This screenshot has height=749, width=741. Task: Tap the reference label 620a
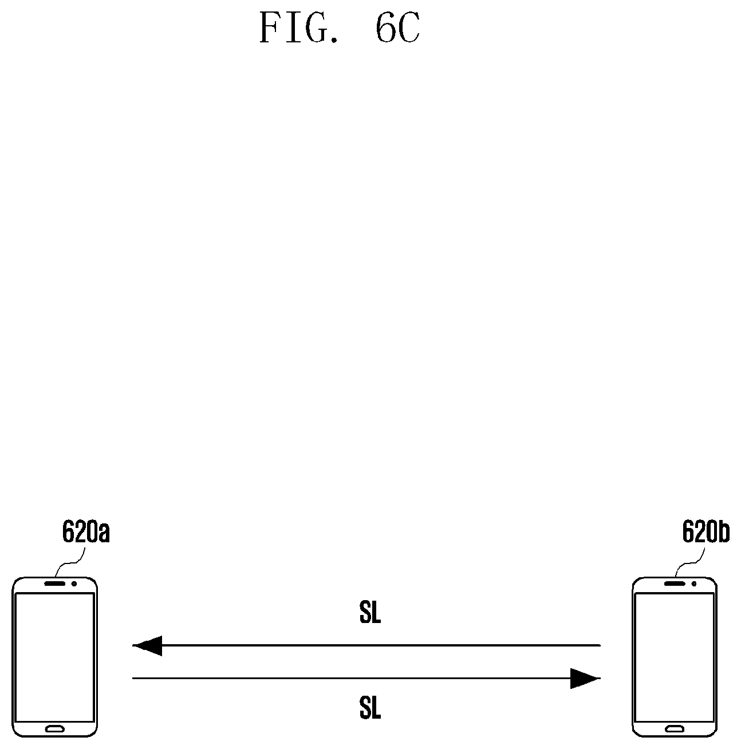[x=86, y=533]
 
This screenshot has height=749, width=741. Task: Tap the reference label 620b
[x=705, y=533]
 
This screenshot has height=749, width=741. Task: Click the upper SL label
[x=370, y=614]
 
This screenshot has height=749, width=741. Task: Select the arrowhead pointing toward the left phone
[x=148, y=645]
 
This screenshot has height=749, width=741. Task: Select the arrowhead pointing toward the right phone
[x=584, y=679]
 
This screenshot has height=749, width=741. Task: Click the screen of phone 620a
[x=54, y=656]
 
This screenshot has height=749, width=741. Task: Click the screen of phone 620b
[x=675, y=656]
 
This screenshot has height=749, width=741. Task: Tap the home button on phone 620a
[x=55, y=729]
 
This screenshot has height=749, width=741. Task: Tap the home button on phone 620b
[x=675, y=729]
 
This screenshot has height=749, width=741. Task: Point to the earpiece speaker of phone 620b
[x=674, y=585]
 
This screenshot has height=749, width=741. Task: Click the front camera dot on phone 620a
[x=74, y=585]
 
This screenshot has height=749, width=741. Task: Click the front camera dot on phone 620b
[x=694, y=585]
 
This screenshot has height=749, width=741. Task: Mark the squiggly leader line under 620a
[x=72, y=562]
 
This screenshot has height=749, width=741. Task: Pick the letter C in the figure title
[x=407, y=29]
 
